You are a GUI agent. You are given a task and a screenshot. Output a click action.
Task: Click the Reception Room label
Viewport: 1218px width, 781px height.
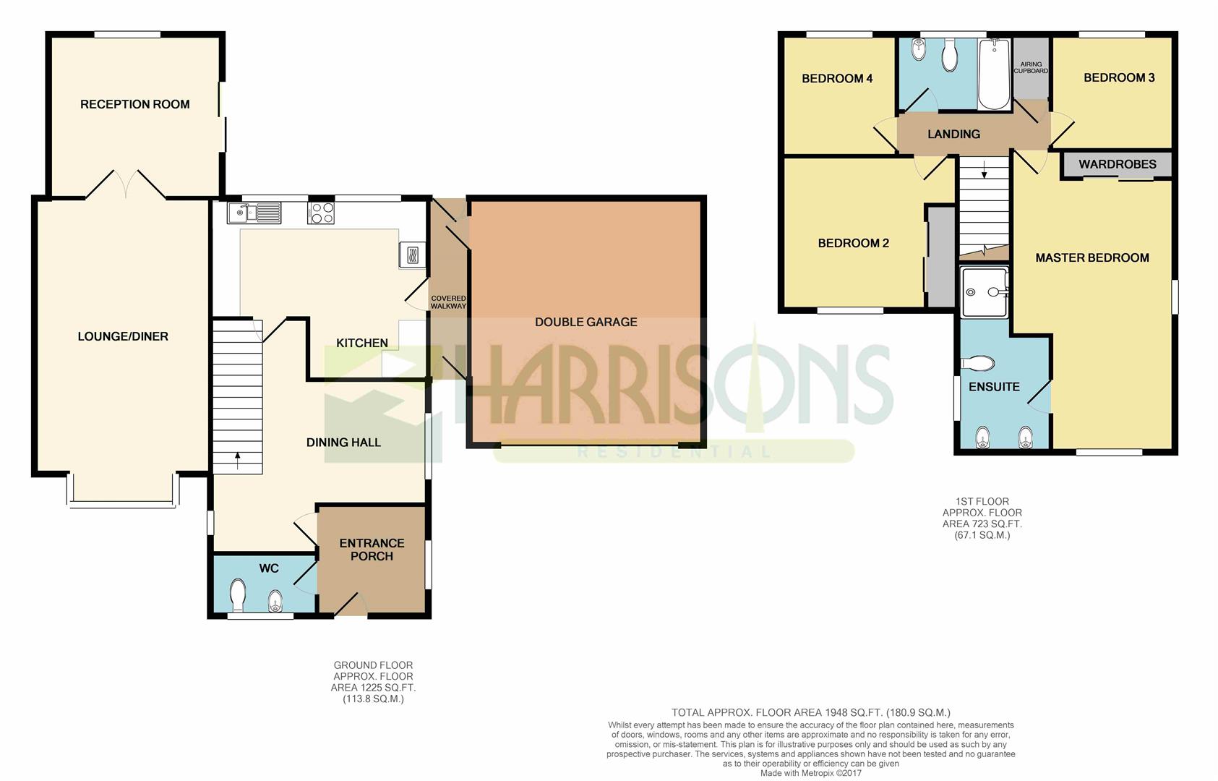point(134,104)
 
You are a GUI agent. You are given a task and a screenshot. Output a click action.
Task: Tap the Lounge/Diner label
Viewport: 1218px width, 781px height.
point(123,336)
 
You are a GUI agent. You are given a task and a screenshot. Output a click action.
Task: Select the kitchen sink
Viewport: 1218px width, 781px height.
point(254,213)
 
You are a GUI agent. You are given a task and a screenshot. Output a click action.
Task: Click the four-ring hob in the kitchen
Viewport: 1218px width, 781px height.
point(321,213)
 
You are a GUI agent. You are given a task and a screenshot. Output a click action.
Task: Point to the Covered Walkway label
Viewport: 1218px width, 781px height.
point(448,302)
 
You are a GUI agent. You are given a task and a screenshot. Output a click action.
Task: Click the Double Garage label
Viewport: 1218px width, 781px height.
point(586,322)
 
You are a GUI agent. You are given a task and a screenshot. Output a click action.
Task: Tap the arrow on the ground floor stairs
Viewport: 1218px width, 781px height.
point(237,456)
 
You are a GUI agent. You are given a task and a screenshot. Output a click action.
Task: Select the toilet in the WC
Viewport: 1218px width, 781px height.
point(237,597)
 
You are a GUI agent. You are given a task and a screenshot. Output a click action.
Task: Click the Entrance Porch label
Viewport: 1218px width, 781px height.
point(372,550)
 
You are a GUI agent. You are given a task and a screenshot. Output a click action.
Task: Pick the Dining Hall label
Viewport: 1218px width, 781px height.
point(343,442)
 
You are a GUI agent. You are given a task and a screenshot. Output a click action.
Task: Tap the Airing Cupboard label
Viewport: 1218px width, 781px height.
point(1031,67)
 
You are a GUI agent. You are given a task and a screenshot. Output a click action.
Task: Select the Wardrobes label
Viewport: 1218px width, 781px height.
point(1117,164)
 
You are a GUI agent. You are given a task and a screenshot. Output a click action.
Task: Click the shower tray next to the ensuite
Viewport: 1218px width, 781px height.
point(984,291)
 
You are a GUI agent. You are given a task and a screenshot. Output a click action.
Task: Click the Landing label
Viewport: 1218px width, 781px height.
point(953,134)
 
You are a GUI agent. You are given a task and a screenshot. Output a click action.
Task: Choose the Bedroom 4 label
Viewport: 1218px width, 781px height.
point(837,78)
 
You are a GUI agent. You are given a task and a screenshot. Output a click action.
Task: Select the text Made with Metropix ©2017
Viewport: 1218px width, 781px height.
point(810,773)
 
